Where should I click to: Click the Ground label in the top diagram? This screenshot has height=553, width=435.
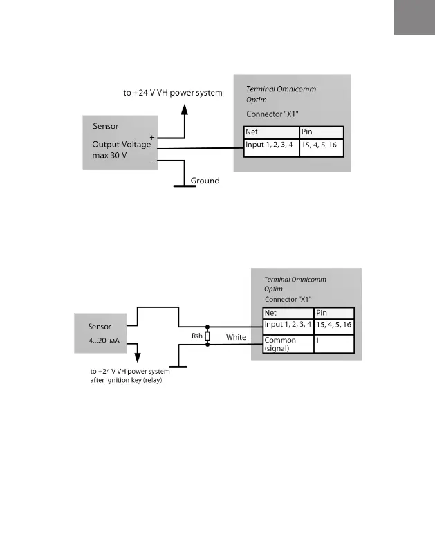pyautogui.click(x=205, y=181)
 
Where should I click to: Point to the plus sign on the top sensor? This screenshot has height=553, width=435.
pyautogui.click(x=151, y=137)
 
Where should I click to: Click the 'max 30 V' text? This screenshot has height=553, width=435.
pyautogui.click(x=111, y=157)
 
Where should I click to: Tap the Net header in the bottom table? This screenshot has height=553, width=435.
pyautogui.click(x=271, y=313)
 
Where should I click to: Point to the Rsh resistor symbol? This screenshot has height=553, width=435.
pyautogui.click(x=207, y=335)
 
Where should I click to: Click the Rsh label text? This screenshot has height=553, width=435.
pyautogui.click(x=196, y=336)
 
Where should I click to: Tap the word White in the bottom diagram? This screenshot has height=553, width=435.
pyautogui.click(x=236, y=337)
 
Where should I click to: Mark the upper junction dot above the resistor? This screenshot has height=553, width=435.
pyautogui.click(x=207, y=327)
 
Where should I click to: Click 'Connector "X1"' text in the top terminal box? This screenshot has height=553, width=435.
pyautogui.click(x=272, y=113)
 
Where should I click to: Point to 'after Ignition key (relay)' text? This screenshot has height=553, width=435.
pyautogui.click(x=126, y=380)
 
